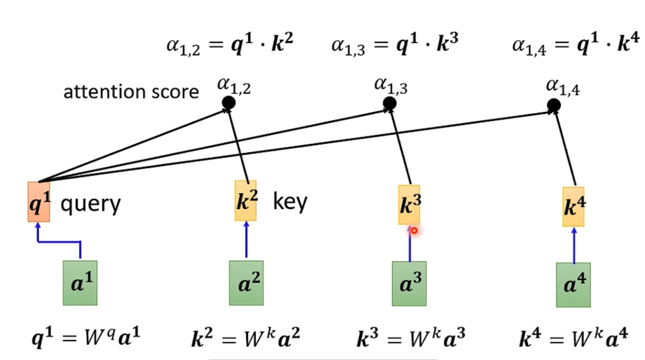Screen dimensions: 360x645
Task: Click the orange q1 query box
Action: [x=39, y=202]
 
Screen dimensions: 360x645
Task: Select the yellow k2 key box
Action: [x=246, y=201]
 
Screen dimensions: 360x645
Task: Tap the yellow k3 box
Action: [x=409, y=205]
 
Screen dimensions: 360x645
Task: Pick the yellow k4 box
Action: [x=573, y=207]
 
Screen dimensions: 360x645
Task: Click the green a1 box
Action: [x=80, y=283]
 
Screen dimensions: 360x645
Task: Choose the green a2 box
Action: [x=246, y=283]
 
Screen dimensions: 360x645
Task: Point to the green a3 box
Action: [x=409, y=284]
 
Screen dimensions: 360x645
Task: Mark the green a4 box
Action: [x=573, y=285]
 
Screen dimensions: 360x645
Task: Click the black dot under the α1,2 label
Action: [x=228, y=103]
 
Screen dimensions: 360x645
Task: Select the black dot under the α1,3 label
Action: [x=390, y=103]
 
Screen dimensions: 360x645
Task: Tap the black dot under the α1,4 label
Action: [x=554, y=105]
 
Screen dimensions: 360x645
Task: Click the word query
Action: [x=90, y=204]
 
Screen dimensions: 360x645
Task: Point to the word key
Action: [x=290, y=202]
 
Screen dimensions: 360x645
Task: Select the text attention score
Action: [x=131, y=92]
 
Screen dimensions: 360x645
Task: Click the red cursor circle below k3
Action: [x=414, y=230]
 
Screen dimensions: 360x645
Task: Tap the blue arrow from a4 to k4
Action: [x=574, y=245]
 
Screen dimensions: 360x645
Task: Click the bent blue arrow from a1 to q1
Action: [x=59, y=241]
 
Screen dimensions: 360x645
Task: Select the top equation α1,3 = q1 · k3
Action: [x=395, y=44]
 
